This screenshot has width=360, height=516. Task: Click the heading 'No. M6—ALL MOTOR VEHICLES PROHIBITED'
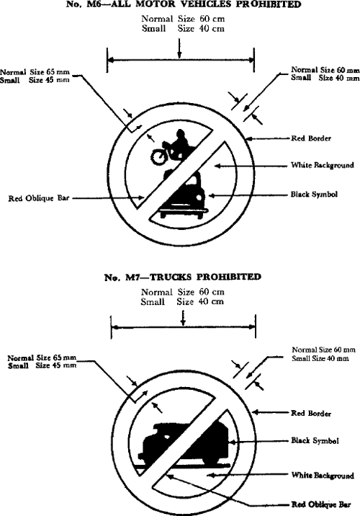coord(184,4)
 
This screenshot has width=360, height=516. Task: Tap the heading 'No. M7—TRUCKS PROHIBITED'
coord(183,277)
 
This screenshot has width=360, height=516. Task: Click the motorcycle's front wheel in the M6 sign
coord(158,156)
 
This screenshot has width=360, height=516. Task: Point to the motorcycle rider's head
coord(180,133)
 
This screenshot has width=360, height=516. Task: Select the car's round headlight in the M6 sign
coord(199,197)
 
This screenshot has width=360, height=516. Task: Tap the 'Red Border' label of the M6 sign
coord(311,138)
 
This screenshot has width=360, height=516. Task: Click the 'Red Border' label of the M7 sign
coord(311,414)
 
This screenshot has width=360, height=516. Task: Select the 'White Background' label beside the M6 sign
coord(323,165)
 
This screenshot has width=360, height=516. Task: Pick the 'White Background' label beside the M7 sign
coord(323,476)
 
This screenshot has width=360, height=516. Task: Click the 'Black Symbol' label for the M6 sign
coord(314,195)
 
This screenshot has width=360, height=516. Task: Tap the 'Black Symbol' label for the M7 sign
coord(315,440)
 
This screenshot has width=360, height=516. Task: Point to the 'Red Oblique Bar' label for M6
coord(39,198)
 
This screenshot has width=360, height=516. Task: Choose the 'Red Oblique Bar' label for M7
coord(321,504)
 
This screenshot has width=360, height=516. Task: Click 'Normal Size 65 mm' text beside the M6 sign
coord(35,72)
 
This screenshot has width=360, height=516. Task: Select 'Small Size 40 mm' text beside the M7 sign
coord(320,358)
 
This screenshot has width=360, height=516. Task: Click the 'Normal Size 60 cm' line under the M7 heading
coord(183,292)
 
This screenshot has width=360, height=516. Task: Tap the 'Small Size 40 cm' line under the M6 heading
coord(183,29)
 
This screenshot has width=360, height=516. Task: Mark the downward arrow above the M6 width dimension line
coord(179,48)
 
